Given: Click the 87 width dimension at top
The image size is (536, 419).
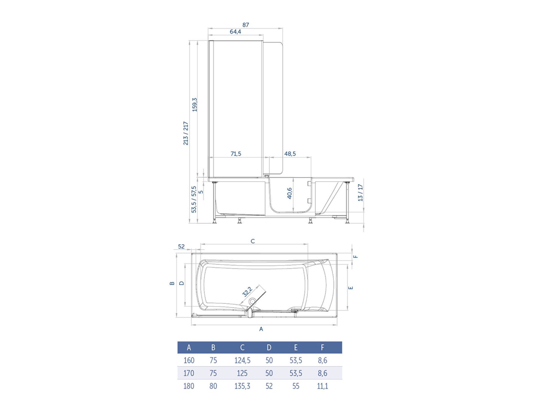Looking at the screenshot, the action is [246, 25].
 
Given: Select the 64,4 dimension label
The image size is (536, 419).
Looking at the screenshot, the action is [235, 32].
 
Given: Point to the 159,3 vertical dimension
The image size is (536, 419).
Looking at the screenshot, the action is [194, 105].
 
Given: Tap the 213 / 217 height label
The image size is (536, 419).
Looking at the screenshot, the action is [186, 133].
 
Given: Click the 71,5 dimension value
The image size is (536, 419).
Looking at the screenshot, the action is [236, 154].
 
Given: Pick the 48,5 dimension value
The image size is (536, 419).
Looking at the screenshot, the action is [290, 154].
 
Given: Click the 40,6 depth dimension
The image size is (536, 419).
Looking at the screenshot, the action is [289, 193].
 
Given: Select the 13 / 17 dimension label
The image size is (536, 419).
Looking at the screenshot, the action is [360, 193].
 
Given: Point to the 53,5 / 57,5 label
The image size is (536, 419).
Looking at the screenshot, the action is [194, 199].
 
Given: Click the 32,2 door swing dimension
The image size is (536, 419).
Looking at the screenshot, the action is [247, 291].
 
